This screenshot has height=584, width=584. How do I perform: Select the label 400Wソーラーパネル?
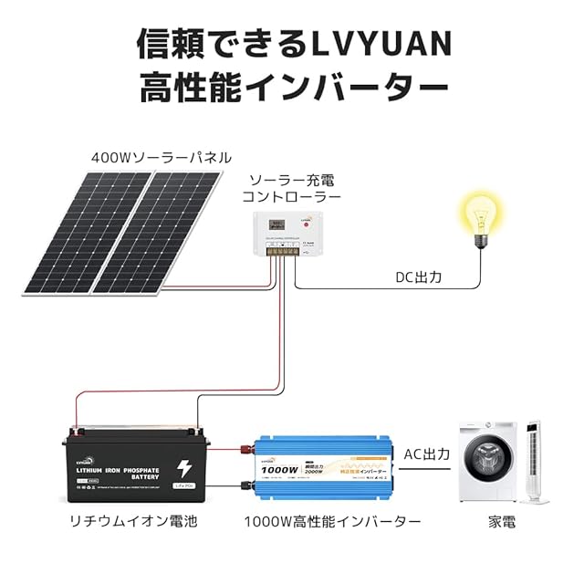pos(161,157)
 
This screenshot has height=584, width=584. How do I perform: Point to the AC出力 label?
pos(427,454)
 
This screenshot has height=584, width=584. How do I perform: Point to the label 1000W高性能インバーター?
pos(332,523)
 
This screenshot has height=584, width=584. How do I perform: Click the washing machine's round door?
pos(485,469)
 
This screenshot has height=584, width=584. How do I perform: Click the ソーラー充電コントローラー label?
pos(291,188)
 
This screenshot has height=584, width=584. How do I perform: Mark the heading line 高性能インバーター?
pos(292,89)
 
